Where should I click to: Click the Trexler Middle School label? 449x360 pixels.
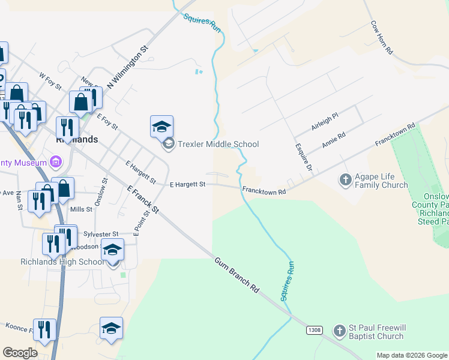218,144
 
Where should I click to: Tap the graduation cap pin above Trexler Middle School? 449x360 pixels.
161,126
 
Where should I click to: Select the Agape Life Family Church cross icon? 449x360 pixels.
345,179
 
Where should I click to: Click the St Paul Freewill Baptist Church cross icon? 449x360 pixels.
340,330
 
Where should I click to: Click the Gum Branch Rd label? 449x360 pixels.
237,276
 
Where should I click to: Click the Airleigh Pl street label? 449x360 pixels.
325,122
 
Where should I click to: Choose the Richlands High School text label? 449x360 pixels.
62,262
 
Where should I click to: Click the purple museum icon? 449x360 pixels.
56,162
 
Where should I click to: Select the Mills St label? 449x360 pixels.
81,209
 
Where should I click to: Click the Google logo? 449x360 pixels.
20,352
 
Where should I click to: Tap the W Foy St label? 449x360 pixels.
50,82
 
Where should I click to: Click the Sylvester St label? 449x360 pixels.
101,234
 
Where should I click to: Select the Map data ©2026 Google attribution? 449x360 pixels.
412,355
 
